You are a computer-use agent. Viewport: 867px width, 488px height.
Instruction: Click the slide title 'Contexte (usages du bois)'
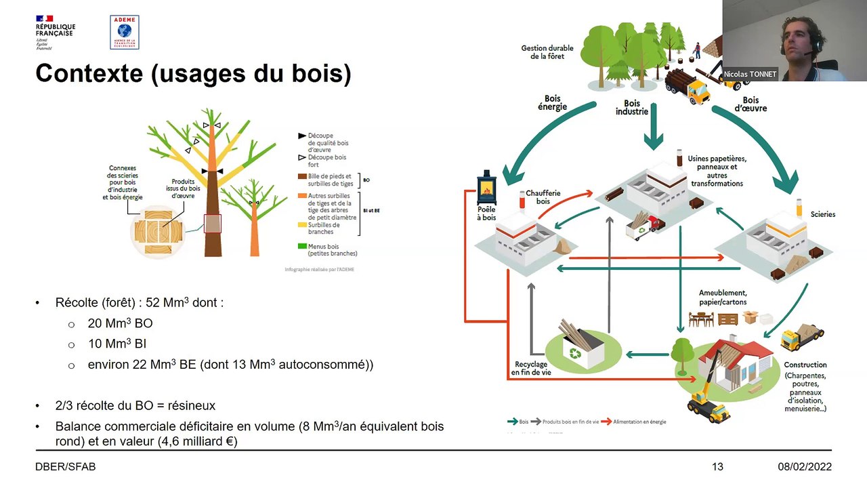(x=193, y=73)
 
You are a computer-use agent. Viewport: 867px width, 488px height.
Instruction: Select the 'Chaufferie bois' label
(x=543, y=197)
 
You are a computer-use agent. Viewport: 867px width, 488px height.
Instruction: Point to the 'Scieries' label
(x=823, y=214)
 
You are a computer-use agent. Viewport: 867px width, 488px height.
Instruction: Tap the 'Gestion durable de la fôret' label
(x=547, y=52)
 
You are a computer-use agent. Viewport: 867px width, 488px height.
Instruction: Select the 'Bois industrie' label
(x=631, y=107)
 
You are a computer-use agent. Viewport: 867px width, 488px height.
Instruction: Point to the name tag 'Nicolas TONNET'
(x=750, y=74)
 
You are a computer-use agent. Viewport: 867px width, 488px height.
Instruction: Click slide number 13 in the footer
(x=717, y=467)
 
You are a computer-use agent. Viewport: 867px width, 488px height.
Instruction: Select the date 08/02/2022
(x=804, y=467)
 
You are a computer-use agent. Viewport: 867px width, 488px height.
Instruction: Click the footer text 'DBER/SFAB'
(x=65, y=467)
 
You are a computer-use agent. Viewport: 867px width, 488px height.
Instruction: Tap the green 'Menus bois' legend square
(x=302, y=246)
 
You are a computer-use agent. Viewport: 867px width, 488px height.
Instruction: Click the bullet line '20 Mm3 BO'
(x=120, y=323)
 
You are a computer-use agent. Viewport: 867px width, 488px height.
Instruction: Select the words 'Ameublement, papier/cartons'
(x=723, y=298)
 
